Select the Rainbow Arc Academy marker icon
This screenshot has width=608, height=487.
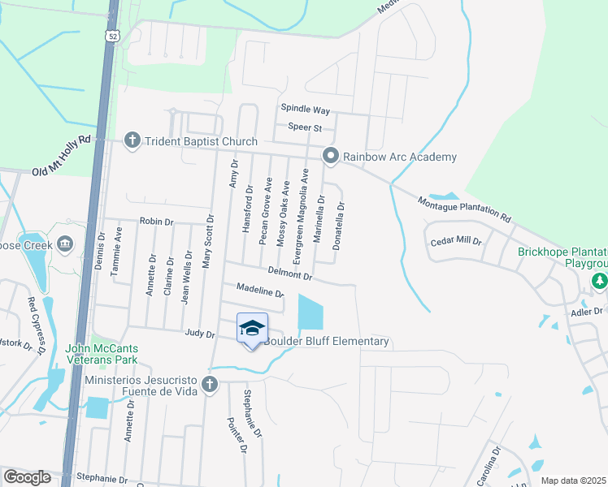tap(330, 156)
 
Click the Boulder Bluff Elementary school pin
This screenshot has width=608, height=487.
tap(252, 329)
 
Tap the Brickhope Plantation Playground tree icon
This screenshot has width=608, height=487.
tap(600, 282)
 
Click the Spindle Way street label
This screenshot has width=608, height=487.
tap(305, 109)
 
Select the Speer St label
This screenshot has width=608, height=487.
tap(306, 127)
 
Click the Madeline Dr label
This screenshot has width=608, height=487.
tap(259, 290)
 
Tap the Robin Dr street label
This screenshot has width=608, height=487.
tap(157, 221)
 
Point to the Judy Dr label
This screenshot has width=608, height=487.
tap(199, 334)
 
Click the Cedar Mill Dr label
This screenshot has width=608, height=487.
tap(456, 242)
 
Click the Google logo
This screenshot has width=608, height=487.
tap(27, 476)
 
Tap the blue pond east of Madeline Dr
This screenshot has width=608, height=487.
tap(310, 312)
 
